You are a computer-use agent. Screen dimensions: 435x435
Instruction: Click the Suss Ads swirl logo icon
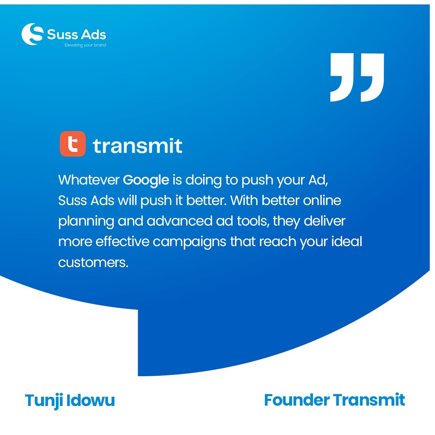(x=32, y=34)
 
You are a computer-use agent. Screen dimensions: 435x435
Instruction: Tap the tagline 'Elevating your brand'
(x=85, y=45)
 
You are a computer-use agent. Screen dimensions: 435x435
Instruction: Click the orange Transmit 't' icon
(x=73, y=144)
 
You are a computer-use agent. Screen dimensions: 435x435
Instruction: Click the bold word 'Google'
(x=146, y=180)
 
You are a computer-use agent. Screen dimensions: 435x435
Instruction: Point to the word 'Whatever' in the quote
(x=89, y=180)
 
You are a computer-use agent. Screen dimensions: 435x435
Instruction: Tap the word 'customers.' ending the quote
(x=93, y=262)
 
